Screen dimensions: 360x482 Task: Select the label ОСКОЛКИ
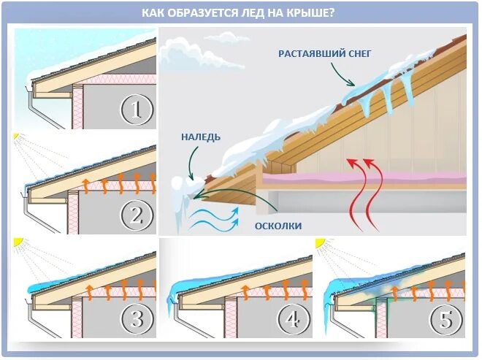[278, 226]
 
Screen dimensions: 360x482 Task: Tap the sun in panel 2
[15, 137]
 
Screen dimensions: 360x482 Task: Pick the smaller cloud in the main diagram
[222, 36]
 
